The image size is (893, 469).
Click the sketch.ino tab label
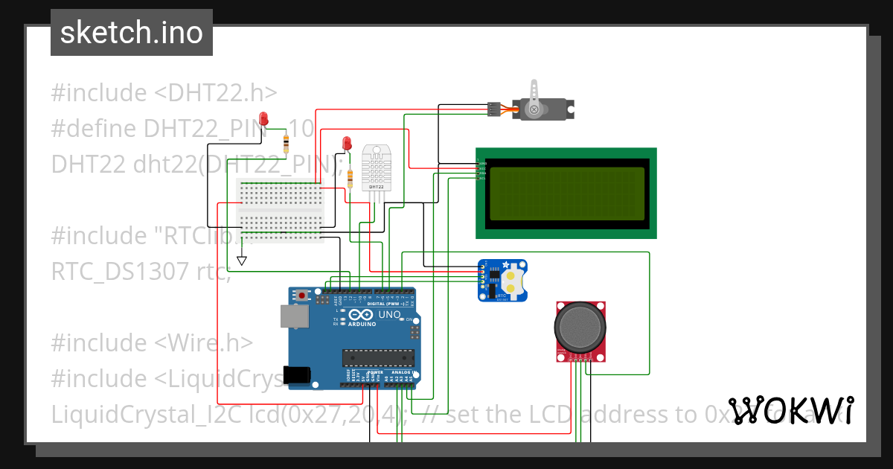[131, 33]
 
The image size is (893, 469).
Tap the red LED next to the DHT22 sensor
[346, 143]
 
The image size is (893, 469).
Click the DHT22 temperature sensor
[377, 167]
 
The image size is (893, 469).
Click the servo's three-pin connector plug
[493, 109]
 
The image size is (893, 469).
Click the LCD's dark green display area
[566, 194]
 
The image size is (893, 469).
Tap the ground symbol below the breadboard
[241, 261]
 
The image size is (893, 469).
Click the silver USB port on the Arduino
[295, 316]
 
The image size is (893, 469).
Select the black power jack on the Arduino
[298, 374]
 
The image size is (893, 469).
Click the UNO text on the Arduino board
[391, 315]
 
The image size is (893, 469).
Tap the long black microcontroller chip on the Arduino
[377, 357]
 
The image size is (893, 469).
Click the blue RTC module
[502, 281]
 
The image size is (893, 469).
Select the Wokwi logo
[791, 411]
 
